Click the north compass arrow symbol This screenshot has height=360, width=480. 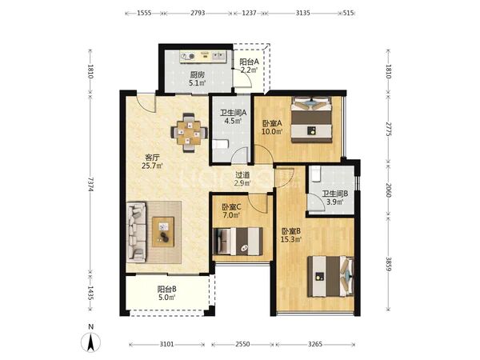pos(90,342)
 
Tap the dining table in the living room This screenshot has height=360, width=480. pos(189,133)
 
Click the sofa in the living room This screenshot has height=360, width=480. pos(136,232)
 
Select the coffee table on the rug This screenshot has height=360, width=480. pos(163,232)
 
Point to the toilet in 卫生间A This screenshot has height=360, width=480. pos(221,144)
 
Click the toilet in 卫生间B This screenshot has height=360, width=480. pos(315,174)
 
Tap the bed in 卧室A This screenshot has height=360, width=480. pos(312,120)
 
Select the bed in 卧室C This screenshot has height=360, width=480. pos(238,242)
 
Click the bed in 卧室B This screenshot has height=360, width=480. pos(330,277)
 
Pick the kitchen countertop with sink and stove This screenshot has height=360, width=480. pos(202,57)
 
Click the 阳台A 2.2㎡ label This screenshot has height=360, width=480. pos(249,66)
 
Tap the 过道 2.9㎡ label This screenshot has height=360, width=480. pos(242,179)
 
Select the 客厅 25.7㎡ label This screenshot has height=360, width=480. pos(152,162)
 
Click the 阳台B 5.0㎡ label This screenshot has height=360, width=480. pos(166,293)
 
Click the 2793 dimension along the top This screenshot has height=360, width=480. pos(198,13)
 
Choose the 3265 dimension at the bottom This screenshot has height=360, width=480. pos(315,344)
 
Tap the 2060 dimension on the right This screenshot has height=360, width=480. pos(388,190)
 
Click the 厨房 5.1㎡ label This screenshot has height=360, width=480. pos(198,78)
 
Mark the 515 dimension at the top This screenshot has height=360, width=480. pos(349,13)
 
